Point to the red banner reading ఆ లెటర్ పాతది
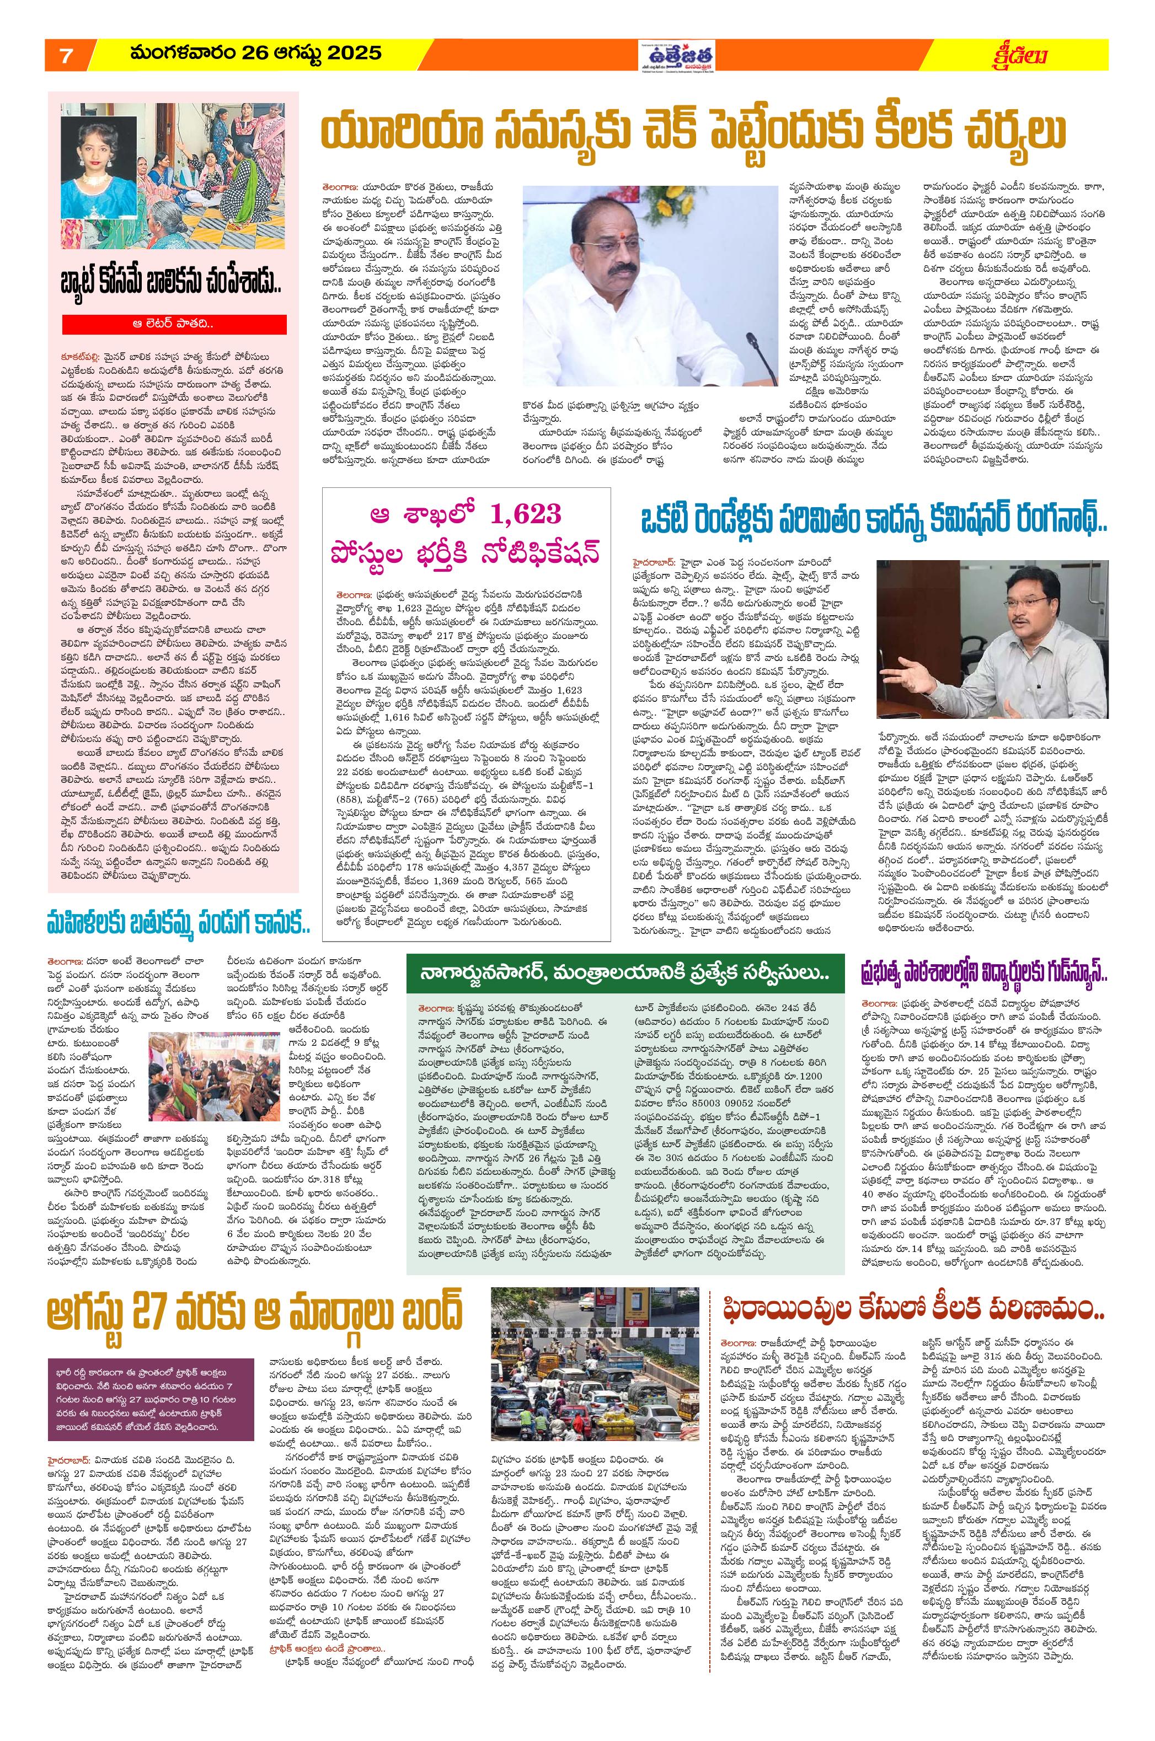click(x=180, y=323)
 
